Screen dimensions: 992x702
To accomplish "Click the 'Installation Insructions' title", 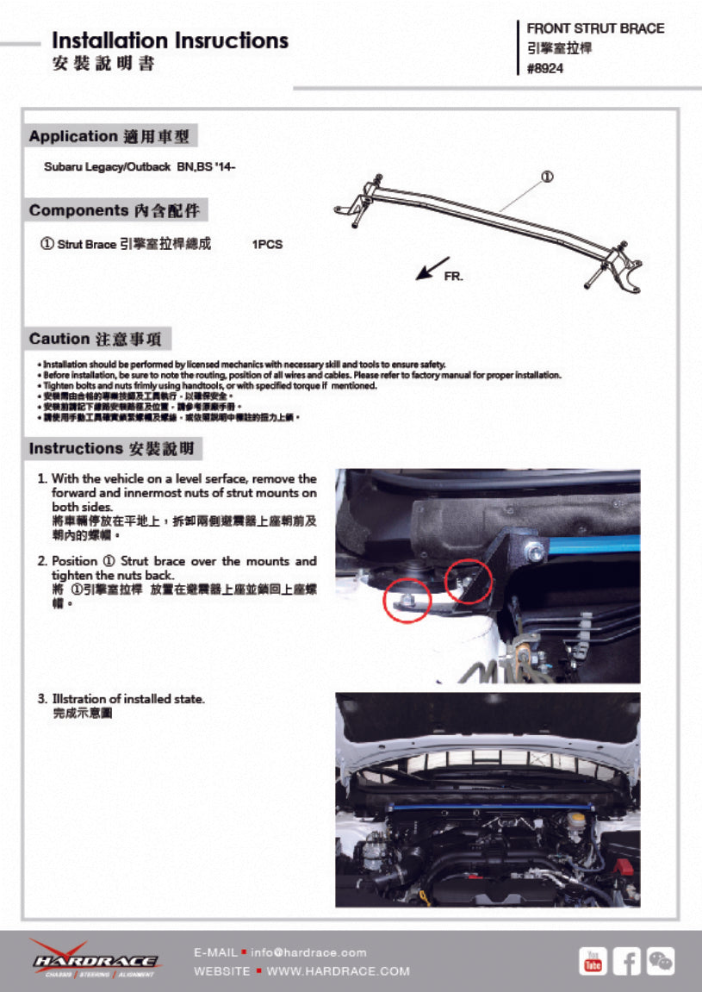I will [x=170, y=41].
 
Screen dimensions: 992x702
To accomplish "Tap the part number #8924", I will [x=545, y=69].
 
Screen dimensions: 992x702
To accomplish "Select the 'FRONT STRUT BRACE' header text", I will [x=595, y=28].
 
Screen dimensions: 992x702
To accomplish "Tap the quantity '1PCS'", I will [x=267, y=245].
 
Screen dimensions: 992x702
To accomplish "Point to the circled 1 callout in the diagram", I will [x=546, y=177].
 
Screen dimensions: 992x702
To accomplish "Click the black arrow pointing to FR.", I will [x=432, y=267].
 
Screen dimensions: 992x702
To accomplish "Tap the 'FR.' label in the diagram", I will [x=453, y=277].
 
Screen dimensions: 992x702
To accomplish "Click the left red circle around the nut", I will [x=406, y=600].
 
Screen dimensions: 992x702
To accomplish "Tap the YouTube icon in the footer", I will [x=593, y=961].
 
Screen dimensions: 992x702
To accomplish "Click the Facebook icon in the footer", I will [x=627, y=961].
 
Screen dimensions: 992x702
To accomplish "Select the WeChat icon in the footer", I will [x=661, y=961].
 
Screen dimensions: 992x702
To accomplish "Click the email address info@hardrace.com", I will [x=308, y=952].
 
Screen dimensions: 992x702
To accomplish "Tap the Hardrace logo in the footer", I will [x=95, y=959].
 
